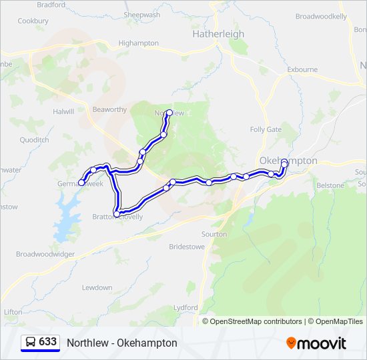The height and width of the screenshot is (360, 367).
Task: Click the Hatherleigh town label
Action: (218, 34)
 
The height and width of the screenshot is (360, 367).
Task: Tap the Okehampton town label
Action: (288, 161)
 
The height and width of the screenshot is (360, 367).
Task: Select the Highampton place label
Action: (138, 43)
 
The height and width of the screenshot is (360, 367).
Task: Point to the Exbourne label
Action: (302, 69)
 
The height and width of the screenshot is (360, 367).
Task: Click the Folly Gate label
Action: (266, 129)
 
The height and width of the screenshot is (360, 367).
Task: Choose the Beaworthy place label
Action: (109, 110)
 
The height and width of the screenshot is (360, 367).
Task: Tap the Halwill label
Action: (63, 112)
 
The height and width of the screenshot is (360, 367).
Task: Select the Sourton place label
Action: (214, 235)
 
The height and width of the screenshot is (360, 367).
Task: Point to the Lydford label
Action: (186, 307)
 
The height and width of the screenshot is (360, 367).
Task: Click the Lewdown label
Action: (97, 288)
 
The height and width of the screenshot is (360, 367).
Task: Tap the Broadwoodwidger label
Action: (45, 255)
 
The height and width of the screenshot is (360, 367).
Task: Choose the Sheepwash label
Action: (142, 15)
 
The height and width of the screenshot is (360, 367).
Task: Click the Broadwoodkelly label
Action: (321, 16)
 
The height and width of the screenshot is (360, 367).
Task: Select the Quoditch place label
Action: (34, 141)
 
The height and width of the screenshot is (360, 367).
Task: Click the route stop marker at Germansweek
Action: (82, 182)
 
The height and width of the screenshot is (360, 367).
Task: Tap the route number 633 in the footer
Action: (47, 342)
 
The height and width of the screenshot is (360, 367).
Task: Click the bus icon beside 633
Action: (31, 342)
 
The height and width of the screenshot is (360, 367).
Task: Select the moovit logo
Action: (316, 343)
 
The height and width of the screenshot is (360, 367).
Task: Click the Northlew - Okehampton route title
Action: (122, 343)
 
